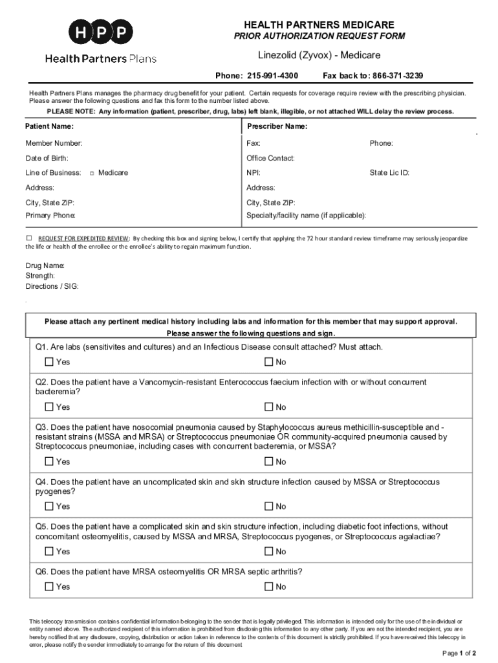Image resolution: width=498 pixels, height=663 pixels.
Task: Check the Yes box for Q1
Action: [x=49, y=362]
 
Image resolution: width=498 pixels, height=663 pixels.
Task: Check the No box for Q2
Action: [x=268, y=407]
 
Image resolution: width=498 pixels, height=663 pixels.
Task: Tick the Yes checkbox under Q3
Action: [x=49, y=462]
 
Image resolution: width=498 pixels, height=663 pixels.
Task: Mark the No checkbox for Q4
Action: [x=268, y=506]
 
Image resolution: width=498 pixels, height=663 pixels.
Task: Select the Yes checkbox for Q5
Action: [x=49, y=552]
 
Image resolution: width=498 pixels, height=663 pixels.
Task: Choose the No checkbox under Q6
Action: [x=268, y=587]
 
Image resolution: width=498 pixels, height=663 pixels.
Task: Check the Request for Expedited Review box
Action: [x=28, y=238]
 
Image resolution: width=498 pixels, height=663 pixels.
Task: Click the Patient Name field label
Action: [x=49, y=126]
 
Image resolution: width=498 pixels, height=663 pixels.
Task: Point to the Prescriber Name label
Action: [x=277, y=126]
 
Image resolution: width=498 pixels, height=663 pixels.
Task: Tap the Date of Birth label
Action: [x=47, y=158]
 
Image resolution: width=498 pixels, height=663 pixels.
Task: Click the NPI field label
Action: [x=254, y=173]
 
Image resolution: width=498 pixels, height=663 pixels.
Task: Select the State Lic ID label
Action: [x=389, y=173]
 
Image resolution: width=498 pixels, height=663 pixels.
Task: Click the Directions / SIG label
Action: [x=52, y=286]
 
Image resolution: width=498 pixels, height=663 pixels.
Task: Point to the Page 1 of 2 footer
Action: [x=459, y=653]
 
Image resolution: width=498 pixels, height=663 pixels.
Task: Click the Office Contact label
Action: [x=270, y=158]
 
